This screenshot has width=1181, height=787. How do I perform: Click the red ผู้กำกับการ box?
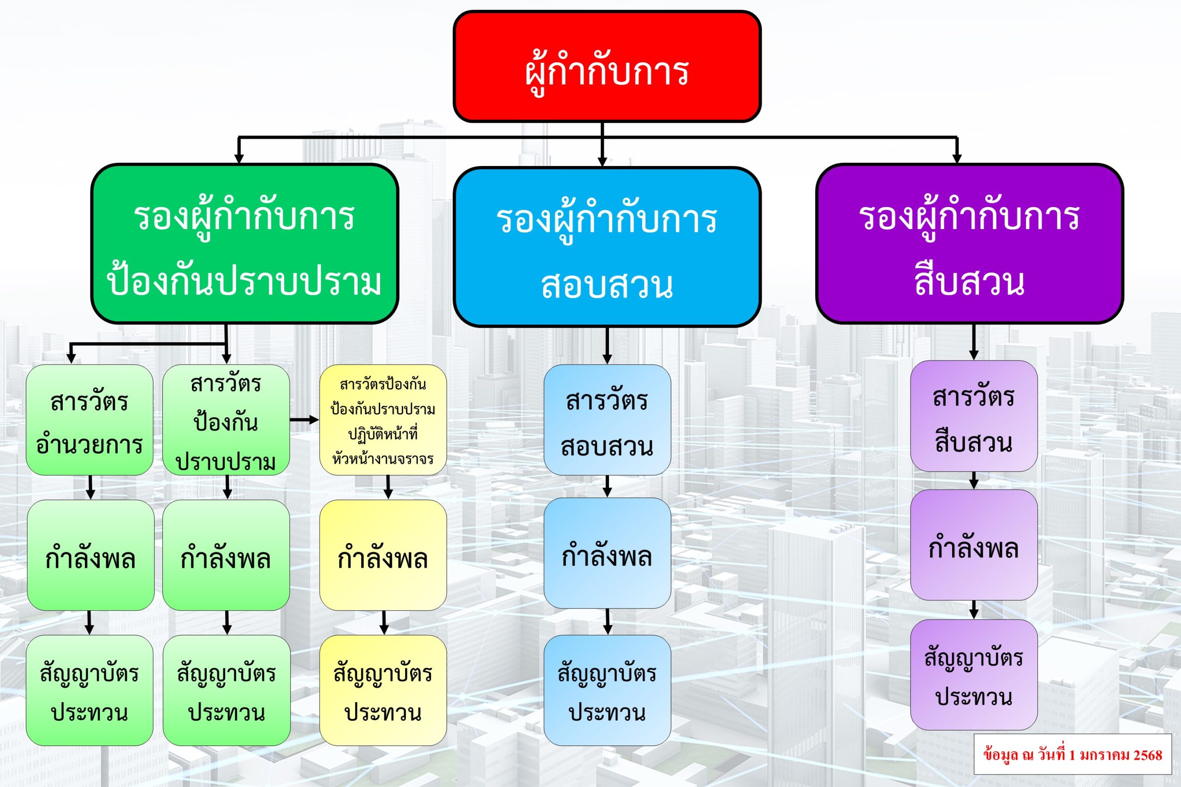[x=607, y=67]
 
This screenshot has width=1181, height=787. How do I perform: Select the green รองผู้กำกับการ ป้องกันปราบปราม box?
[x=245, y=244]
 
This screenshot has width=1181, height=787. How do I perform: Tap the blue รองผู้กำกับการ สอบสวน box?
[x=607, y=247]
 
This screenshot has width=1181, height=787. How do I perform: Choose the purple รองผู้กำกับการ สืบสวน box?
[x=969, y=244]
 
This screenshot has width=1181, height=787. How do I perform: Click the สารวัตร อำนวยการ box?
[x=89, y=420]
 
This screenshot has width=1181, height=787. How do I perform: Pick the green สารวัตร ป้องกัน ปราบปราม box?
[x=226, y=420]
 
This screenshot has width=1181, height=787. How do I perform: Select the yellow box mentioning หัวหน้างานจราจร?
[x=382, y=420]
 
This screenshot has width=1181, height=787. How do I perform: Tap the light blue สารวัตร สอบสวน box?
[x=607, y=420]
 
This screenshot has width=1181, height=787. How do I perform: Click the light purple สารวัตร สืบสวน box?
[x=973, y=416]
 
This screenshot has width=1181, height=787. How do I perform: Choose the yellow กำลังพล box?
[x=382, y=555]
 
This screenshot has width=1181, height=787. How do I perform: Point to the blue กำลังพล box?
[x=607, y=553]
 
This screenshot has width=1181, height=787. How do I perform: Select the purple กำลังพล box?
[x=973, y=545]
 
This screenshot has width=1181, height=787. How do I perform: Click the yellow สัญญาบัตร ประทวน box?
[x=382, y=691]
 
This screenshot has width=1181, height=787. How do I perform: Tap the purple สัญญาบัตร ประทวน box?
[x=973, y=675]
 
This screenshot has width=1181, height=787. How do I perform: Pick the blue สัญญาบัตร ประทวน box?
[x=607, y=691]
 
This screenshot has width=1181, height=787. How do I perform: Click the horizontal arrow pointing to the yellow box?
[x=304, y=420]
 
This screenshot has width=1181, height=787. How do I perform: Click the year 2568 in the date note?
[x=1147, y=755]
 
